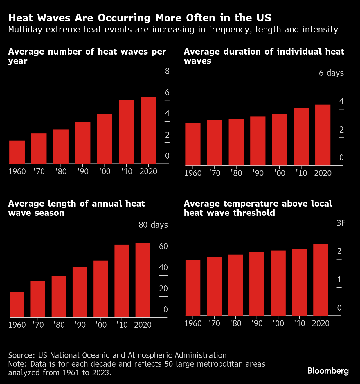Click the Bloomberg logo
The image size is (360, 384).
(x=328, y=371)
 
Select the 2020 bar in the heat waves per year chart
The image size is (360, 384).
(x=148, y=130)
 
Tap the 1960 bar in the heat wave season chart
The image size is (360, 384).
(x=17, y=305)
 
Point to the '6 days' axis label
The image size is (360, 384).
(x=331, y=73)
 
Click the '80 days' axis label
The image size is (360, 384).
(x=153, y=225)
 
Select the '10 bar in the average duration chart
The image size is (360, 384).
(x=301, y=137)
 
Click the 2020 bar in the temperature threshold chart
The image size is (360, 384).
(x=321, y=280)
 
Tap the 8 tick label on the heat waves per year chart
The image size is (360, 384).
(x=167, y=71)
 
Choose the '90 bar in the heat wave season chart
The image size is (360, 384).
(x=80, y=292)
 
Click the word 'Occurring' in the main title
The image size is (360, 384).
(x=124, y=18)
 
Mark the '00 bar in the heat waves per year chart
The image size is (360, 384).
(x=105, y=139)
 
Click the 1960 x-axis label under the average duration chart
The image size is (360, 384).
(x=193, y=173)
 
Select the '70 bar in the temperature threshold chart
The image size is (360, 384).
(x=214, y=286)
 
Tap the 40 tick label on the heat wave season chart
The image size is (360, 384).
(x=163, y=267)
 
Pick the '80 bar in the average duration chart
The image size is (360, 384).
(x=236, y=142)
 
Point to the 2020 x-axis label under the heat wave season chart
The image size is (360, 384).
(x=143, y=325)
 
